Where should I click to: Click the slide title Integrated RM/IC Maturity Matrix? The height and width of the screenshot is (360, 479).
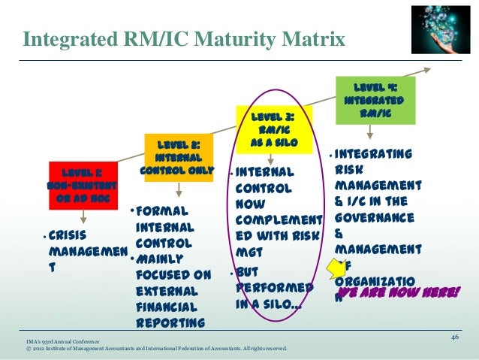point(184,38)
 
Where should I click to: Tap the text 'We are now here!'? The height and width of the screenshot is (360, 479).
point(397,292)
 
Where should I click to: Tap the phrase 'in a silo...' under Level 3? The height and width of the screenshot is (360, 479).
point(268,304)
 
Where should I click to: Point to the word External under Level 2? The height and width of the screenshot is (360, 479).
point(167,290)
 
